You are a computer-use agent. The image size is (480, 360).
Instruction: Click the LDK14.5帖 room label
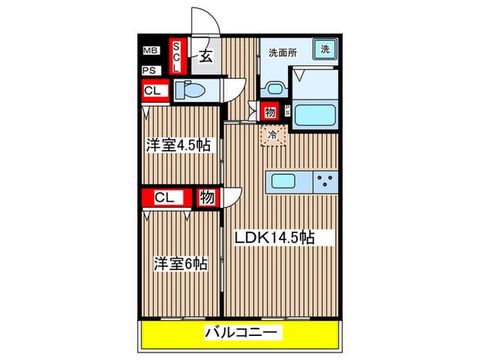[274, 237]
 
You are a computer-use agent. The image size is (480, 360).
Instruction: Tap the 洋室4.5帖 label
[178, 145]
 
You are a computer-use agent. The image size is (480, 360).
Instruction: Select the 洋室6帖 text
[180, 263]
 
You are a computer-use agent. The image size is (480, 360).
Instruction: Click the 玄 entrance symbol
[205, 57]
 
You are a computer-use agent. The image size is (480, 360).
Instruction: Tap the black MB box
[149, 50]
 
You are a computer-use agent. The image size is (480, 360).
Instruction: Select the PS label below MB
[149, 71]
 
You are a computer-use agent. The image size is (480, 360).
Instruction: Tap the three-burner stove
[325, 182]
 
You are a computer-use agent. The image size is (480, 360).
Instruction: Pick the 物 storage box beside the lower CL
[206, 197]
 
